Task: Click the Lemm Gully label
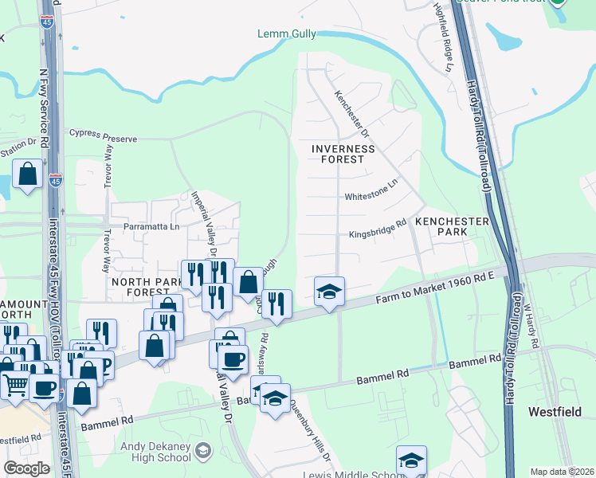[x=286, y=33]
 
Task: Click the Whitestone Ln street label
[x=370, y=195]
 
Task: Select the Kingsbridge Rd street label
[x=378, y=234]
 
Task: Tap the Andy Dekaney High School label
[x=155, y=453]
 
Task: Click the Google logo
[x=25, y=468]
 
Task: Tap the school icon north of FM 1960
[x=328, y=292]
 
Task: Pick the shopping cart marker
[x=17, y=386]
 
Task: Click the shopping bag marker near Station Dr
[x=27, y=174]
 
